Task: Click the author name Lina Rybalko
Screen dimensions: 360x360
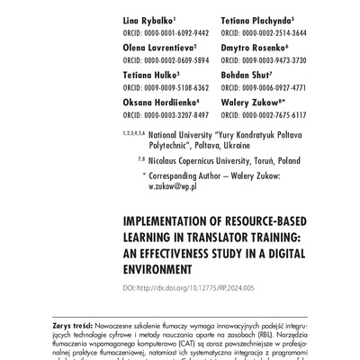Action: pos(149,19)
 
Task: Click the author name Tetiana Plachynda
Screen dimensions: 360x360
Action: pos(255,19)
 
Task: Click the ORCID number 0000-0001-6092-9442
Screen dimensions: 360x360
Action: pos(166,31)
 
